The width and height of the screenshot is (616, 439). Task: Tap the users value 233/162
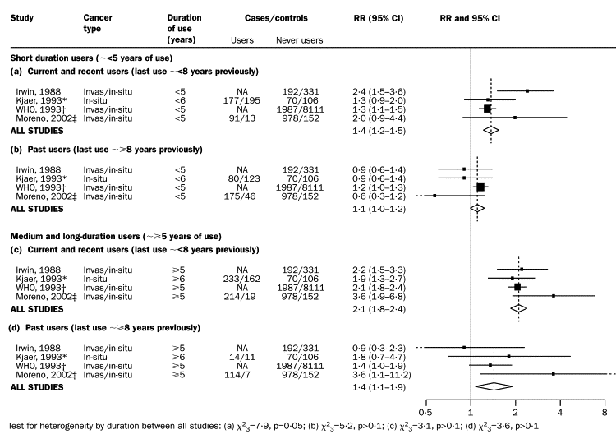[x=241, y=278]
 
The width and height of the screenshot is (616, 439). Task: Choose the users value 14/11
[x=241, y=357]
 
